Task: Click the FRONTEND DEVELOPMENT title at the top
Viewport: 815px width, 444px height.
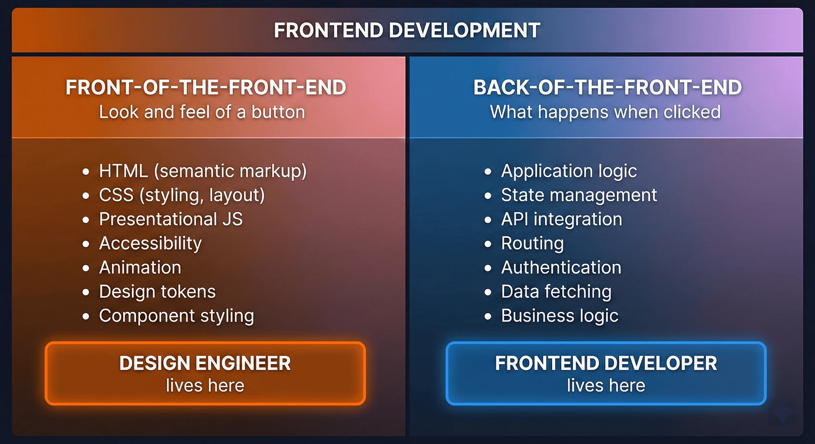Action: pyautogui.click(x=407, y=30)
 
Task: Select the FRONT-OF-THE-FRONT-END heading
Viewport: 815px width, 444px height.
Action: pyautogui.click(x=206, y=88)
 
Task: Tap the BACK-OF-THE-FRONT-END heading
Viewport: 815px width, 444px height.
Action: pyautogui.click(x=607, y=88)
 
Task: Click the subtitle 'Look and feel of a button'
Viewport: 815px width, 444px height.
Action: pyautogui.click(x=202, y=112)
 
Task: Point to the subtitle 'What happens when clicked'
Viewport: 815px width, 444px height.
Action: pyautogui.click(x=605, y=112)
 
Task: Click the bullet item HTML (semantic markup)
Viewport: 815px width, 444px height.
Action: pyautogui.click(x=203, y=171)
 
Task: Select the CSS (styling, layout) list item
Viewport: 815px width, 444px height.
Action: pyautogui.click(x=181, y=195)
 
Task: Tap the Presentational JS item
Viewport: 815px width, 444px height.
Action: pyautogui.click(x=171, y=219)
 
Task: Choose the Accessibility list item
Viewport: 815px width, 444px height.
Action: pyautogui.click(x=150, y=243)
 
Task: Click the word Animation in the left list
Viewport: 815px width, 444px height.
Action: pyautogui.click(x=140, y=267)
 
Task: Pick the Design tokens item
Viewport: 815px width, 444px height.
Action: pyautogui.click(x=157, y=291)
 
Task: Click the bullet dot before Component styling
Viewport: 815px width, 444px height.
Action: pyautogui.click(x=86, y=316)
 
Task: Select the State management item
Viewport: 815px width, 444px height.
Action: pyautogui.click(x=579, y=195)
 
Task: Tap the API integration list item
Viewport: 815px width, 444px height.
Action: pyautogui.click(x=561, y=219)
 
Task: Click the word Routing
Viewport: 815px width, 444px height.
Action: pyautogui.click(x=533, y=243)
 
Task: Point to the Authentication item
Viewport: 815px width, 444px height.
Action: pyautogui.click(x=561, y=267)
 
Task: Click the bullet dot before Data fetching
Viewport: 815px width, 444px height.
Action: pyautogui.click(x=488, y=292)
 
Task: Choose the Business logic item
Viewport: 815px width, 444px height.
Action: pyautogui.click(x=560, y=315)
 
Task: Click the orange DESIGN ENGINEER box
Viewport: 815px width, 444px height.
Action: pyautogui.click(x=205, y=373)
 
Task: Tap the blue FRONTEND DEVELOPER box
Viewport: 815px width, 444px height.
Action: pyautogui.click(x=606, y=373)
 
